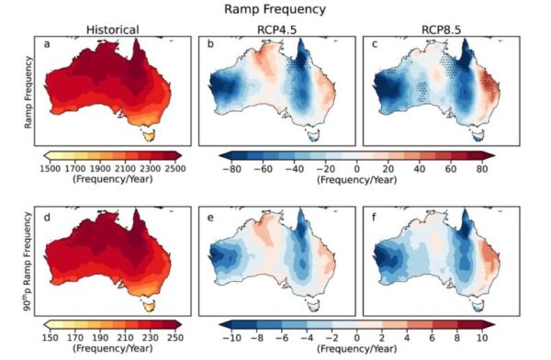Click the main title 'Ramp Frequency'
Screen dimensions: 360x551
click(274, 9)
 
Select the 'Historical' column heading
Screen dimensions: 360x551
click(113, 29)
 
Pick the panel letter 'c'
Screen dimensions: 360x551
click(370, 44)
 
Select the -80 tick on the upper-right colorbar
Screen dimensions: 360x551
click(232, 169)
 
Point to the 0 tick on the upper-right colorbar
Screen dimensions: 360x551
click(357, 169)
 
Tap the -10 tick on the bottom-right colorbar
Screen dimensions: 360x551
click(232, 338)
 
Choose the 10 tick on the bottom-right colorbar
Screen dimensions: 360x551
click(481, 338)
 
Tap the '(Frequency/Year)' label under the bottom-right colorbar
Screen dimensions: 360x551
click(357, 350)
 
